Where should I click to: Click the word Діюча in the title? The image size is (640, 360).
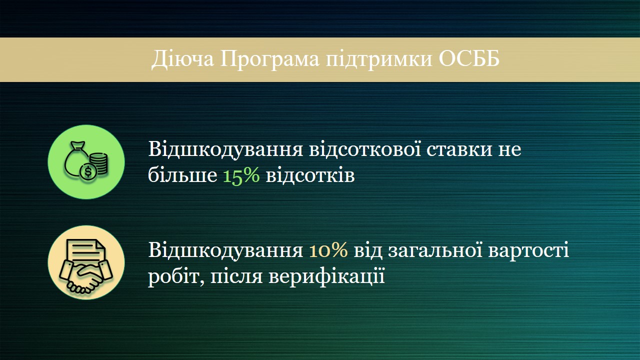(x=182, y=59)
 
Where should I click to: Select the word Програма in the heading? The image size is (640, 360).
(x=269, y=60)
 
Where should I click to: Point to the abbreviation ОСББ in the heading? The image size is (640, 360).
(x=469, y=59)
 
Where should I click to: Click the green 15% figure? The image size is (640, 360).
(x=241, y=175)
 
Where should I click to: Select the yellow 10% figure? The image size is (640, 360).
(x=328, y=249)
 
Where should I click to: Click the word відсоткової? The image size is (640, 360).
(x=365, y=148)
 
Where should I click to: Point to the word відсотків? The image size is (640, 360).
(x=310, y=174)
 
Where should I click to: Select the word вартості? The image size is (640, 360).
(x=528, y=249)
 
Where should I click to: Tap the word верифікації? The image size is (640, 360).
(x=326, y=276)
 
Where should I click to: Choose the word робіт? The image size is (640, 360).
(x=176, y=276)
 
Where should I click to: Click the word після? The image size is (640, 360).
(x=236, y=275)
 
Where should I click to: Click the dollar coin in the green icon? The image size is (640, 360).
(x=88, y=172)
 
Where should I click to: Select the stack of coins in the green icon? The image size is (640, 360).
(x=99, y=163)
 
